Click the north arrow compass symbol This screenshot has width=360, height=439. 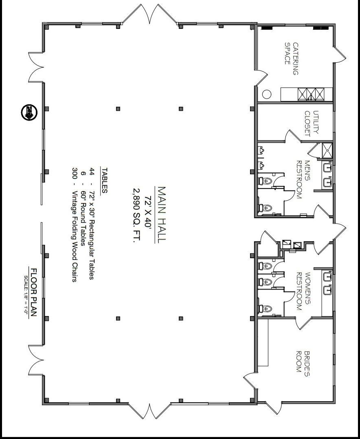pyautogui.click(x=29, y=112)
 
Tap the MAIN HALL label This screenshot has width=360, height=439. pyautogui.click(x=162, y=215)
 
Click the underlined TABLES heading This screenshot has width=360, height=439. pyautogui.click(x=104, y=180)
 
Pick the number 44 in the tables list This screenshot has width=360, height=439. pyautogui.click(x=92, y=171)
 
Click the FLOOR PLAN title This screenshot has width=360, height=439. pyautogui.click(x=33, y=292)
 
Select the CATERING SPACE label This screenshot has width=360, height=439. pyautogui.click(x=292, y=59)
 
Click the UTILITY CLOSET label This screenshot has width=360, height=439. pyautogui.click(x=311, y=123)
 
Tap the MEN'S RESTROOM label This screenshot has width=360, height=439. pyautogui.click(x=303, y=180)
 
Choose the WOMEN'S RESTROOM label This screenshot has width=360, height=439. pyautogui.click(x=303, y=292)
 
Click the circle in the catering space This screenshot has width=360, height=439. pyautogui.click(x=267, y=94)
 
